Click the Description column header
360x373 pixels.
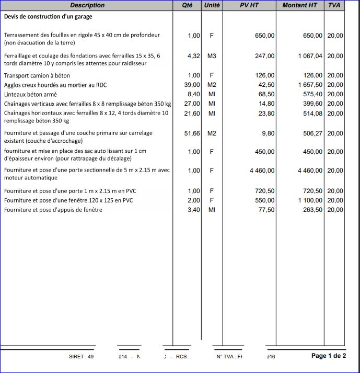[x=87, y=5]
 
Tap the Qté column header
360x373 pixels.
[x=187, y=5]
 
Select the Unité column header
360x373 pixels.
[x=211, y=5]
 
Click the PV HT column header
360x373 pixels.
[x=249, y=5]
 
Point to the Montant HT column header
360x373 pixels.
[x=299, y=5]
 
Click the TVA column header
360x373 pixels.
[x=334, y=5]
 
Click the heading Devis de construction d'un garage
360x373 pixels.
[x=48, y=17]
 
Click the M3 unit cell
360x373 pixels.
[x=212, y=55]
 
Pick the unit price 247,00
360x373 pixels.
[x=264, y=55]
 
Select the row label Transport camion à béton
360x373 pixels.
[x=37, y=75]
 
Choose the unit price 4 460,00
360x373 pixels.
[x=262, y=171]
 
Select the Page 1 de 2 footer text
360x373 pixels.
[x=328, y=356]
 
